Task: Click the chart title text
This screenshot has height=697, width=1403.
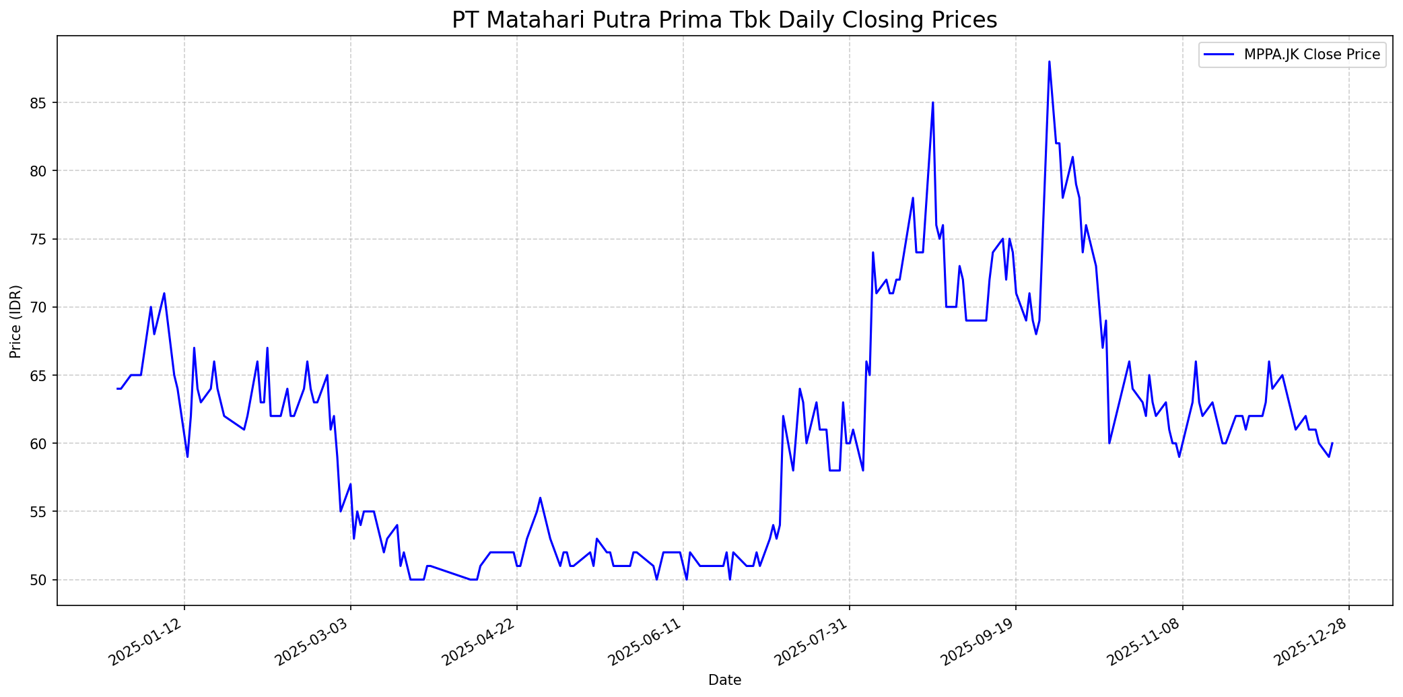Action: (724, 20)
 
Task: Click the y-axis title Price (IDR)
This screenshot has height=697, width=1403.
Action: (15, 321)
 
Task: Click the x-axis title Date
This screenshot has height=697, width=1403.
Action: (724, 681)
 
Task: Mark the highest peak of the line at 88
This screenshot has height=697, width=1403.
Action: (1049, 62)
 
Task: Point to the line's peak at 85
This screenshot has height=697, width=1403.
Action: (932, 103)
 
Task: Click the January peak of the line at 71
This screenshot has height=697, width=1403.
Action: (164, 294)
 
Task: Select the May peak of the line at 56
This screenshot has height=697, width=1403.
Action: (540, 498)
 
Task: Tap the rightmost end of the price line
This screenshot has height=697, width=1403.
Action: (1332, 444)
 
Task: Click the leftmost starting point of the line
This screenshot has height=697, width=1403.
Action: (117, 389)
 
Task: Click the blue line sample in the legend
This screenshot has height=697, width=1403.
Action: (1219, 55)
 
